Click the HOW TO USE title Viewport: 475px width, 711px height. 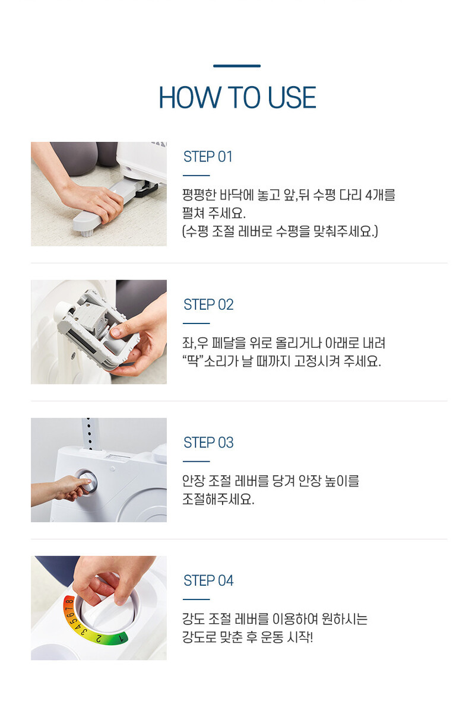pos(237,97)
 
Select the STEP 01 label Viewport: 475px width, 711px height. pos(208,157)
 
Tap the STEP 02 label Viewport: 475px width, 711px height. pos(208,304)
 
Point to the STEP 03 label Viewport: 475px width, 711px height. pos(208,443)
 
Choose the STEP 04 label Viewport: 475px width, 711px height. pos(208,580)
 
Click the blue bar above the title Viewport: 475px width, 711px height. pos(237,66)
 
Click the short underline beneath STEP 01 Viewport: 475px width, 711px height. pos(196,175)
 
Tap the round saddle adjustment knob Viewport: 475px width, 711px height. pos(86,481)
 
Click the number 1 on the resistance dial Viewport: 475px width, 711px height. pos(121,637)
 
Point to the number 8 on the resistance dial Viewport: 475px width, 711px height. pos(68,602)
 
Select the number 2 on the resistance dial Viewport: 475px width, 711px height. pos(99,638)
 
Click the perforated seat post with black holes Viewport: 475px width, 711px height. pos(90,433)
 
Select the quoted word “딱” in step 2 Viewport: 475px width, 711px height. pos(192,361)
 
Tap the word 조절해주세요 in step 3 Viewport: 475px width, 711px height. pos(218,499)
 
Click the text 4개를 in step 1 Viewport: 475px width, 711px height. pos(380,195)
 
